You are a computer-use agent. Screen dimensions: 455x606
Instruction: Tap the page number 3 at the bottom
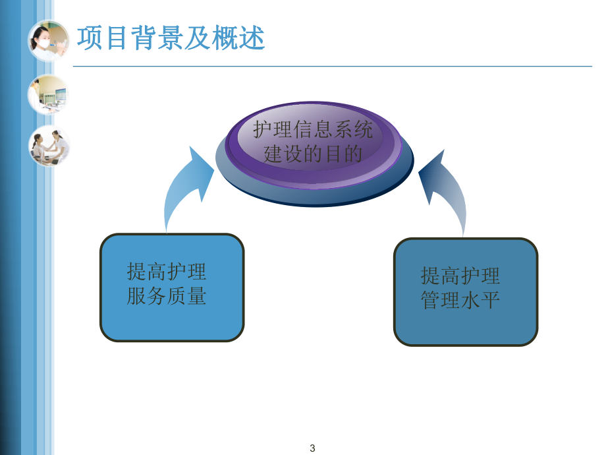pos(312,448)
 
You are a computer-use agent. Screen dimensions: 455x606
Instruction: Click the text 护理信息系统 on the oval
pos(313,129)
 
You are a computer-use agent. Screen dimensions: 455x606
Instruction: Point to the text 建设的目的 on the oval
pos(313,154)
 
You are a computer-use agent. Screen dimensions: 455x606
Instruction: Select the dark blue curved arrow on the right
pos(446,193)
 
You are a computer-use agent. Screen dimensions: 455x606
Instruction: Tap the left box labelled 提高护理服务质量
pos(172,288)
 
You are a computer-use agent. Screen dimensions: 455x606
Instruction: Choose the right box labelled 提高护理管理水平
pos(466,291)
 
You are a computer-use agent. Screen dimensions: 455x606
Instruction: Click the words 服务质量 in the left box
pos(167,297)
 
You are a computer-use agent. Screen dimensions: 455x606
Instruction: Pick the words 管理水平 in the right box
pos(460,300)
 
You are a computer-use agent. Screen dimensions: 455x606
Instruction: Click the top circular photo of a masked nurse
pos(48,40)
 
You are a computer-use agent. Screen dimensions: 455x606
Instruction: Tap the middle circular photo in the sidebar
pos(47,94)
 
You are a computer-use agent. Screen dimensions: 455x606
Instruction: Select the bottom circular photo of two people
pos(48,145)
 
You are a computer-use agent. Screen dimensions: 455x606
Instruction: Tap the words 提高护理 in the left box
pos(167,271)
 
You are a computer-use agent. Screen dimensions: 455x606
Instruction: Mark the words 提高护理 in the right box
pos(460,275)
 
